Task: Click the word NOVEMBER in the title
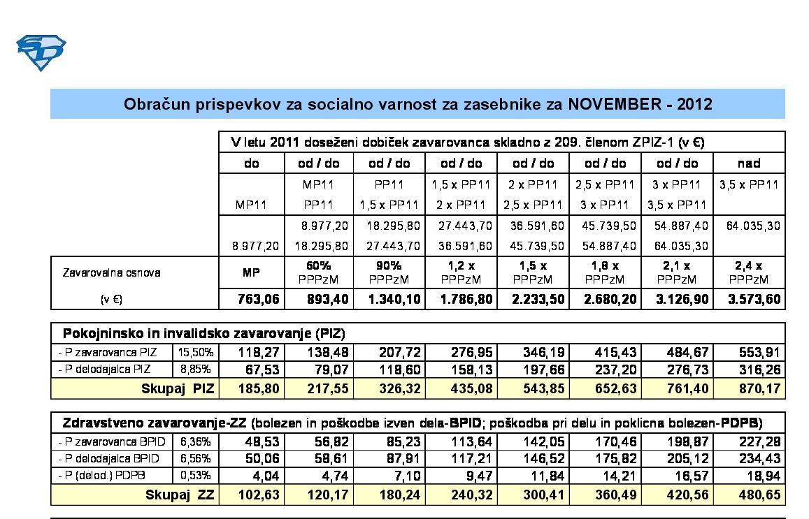coord(613,105)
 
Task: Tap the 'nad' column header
coord(749,163)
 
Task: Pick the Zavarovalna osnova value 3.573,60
coord(749,300)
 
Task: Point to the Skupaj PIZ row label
coord(178,388)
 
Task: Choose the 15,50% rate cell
coord(196,351)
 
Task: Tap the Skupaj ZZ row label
coord(180,495)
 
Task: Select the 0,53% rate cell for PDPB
coord(196,476)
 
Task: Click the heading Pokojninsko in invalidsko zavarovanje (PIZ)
coord(203,332)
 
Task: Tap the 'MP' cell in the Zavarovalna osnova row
coord(251,272)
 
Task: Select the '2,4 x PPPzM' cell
coord(749,272)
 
